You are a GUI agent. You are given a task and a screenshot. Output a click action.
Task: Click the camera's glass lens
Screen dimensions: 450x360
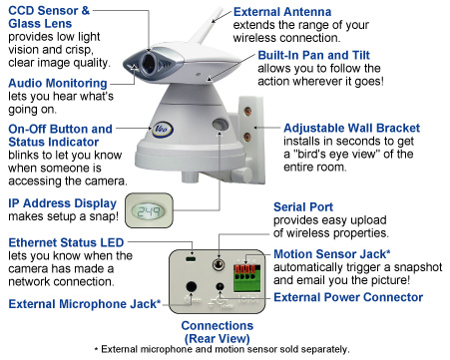click(x=148, y=63)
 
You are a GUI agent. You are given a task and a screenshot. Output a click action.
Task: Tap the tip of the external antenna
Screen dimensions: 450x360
click(x=220, y=8)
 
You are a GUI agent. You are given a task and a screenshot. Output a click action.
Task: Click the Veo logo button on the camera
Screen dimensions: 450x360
click(x=162, y=129)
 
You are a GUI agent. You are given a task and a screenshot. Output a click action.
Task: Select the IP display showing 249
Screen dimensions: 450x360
click(x=149, y=210)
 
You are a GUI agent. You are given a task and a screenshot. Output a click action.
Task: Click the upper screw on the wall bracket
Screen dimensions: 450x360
click(x=247, y=111)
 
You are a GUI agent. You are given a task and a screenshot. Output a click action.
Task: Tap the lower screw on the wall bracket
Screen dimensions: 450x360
click(x=246, y=137)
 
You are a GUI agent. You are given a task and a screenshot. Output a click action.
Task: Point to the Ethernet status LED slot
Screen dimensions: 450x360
click(x=191, y=258)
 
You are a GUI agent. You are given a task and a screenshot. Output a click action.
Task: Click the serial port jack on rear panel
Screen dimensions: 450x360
click(x=219, y=265)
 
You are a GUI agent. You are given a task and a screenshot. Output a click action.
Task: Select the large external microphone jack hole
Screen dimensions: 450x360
click(x=191, y=287)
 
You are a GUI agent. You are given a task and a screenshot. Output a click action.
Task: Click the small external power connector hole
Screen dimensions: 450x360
click(x=220, y=286)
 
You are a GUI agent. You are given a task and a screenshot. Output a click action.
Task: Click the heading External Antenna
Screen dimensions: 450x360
click(x=282, y=12)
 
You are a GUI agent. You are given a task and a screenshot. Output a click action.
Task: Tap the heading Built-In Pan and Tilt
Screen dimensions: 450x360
click(x=313, y=55)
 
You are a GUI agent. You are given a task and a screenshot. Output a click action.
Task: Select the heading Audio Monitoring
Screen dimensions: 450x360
click(x=58, y=83)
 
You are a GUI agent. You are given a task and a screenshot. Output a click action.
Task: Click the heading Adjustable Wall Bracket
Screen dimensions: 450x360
click(x=351, y=128)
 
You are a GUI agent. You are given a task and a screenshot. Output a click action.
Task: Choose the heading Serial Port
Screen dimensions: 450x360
click(x=303, y=207)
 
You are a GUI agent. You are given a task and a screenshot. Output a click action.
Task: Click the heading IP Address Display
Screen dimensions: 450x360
click(x=62, y=203)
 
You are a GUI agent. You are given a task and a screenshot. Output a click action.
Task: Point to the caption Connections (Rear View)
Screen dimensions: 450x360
click(x=218, y=332)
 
